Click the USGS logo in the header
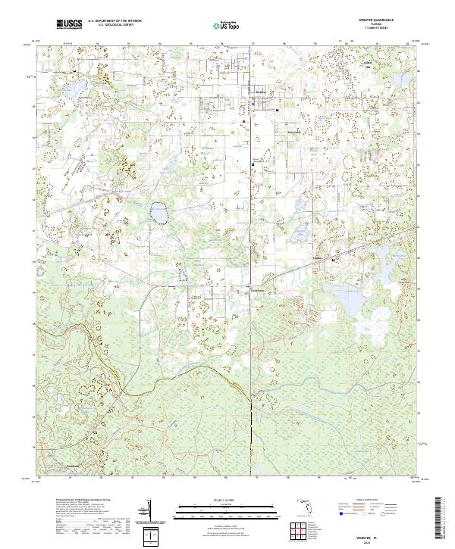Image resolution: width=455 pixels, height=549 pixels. coord(70,25)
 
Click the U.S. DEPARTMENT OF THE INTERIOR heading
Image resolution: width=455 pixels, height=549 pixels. coord(114,21)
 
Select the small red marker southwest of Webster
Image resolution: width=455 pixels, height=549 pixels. coord(243,121)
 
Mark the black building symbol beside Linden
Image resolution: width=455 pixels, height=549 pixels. coord(336,260)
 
